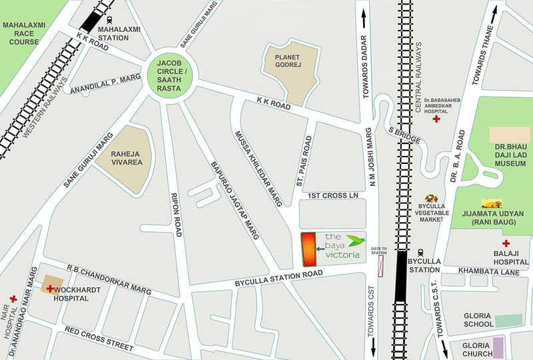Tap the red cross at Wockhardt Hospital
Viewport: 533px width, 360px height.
[x=50, y=289]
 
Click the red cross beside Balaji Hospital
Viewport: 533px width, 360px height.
[x=506, y=244]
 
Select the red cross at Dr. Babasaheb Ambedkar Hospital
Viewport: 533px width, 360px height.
[x=436, y=119]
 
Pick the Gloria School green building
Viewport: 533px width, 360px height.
[x=508, y=321]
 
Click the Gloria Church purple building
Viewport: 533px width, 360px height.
[x=498, y=347]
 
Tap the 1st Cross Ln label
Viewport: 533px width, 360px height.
[x=333, y=195]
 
